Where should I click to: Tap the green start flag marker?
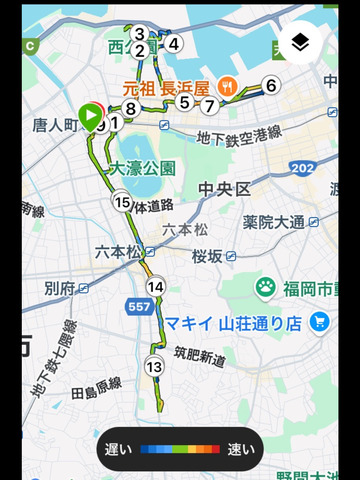(x=90, y=117)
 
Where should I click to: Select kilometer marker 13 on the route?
(x=153, y=367)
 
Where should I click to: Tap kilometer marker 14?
(x=155, y=287)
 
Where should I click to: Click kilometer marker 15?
(x=122, y=204)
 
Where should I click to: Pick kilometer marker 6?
(x=271, y=85)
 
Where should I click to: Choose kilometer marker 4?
(x=174, y=44)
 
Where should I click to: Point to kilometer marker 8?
(x=130, y=108)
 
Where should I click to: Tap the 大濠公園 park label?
(x=143, y=168)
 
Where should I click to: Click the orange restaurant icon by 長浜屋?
(x=229, y=86)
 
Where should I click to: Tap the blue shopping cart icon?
(x=320, y=322)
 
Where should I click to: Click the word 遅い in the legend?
(x=117, y=449)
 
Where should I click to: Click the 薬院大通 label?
(x=273, y=221)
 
